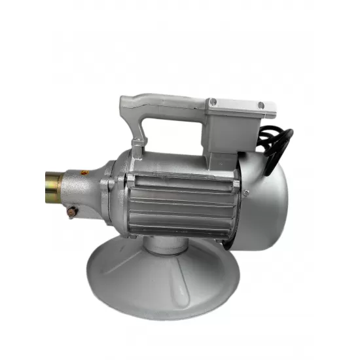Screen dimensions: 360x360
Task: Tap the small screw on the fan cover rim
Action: click(x=246, y=192)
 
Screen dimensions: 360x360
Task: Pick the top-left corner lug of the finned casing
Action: click(x=130, y=179)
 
